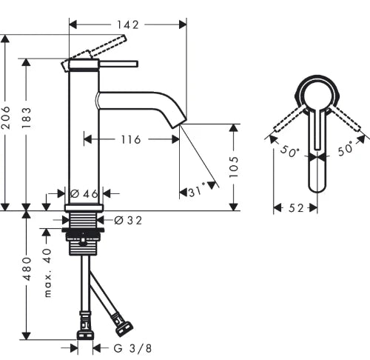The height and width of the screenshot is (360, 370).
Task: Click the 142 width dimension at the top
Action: [128, 24]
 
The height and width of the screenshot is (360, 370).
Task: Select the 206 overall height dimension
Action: [5, 118]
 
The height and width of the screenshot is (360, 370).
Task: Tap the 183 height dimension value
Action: [26, 118]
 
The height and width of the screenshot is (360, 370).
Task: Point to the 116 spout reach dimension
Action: [131, 140]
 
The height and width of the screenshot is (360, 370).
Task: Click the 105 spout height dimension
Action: [234, 167]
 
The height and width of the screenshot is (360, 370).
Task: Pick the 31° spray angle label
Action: [197, 191]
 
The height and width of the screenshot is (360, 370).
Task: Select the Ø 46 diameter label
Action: [84, 194]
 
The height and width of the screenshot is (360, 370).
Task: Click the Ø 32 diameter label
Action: [128, 220]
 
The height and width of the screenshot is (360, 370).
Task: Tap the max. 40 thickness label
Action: [47, 273]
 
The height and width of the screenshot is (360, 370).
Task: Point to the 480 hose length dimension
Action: [27, 269]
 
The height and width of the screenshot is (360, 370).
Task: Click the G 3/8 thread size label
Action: [132, 349]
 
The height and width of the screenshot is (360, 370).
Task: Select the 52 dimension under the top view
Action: [296, 208]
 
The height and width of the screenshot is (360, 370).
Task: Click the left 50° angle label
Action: [290, 151]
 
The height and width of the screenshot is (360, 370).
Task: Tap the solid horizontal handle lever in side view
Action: [118, 64]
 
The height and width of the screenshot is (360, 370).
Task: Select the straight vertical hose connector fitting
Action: [85, 325]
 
